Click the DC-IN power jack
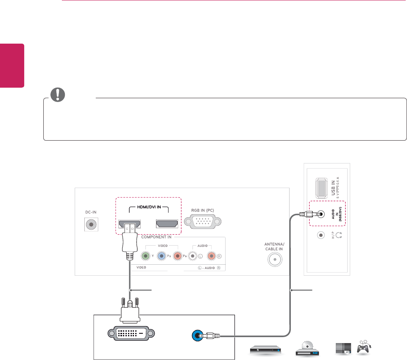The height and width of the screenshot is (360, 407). pyautogui.click(x=90, y=224)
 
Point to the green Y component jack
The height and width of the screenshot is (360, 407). pyautogui.click(x=145, y=256)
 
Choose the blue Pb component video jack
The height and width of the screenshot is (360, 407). pyautogui.click(x=162, y=256)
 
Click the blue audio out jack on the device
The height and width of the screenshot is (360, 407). pyautogui.click(x=197, y=336)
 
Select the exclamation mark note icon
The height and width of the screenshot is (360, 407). pyautogui.click(x=55, y=96)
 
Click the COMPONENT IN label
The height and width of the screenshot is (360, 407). pyautogui.click(x=156, y=237)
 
